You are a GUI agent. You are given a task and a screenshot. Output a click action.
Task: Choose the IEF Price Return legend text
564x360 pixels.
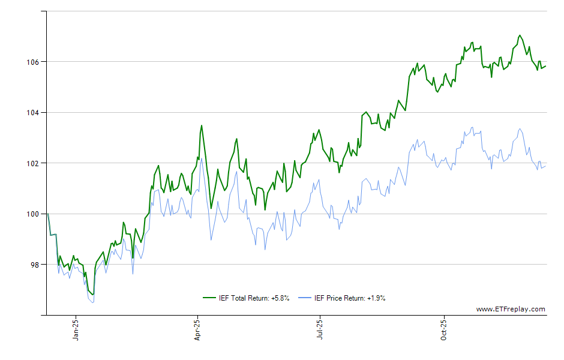pos(350,298)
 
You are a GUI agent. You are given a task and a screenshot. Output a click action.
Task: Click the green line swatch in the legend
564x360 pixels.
pos(209,298)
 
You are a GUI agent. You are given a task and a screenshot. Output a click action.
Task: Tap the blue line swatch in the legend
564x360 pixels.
pos(305,298)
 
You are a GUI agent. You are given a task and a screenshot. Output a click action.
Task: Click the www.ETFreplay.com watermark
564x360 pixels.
pos(511,310)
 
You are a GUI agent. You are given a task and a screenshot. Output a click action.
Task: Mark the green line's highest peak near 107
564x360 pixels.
pos(520,35)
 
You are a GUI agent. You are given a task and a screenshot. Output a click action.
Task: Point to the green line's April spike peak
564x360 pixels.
pos(202,125)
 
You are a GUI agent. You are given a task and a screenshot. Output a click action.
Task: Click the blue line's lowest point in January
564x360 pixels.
pos(93,302)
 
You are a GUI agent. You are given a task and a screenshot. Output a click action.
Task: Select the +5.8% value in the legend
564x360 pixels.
pos(280,298)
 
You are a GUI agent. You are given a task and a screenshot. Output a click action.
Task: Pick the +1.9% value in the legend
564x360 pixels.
pos(376,298)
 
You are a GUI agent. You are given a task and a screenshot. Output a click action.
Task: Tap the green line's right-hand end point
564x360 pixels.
pos(546,66)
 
